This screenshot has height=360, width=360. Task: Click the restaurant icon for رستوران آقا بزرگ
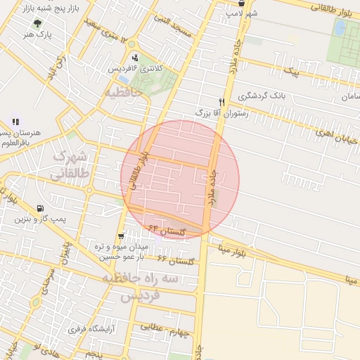[x=221, y=102]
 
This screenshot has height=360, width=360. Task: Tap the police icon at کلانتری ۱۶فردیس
[x=134, y=58]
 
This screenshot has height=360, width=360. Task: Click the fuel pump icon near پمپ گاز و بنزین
[x=39, y=208]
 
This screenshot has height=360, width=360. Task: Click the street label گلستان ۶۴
[x=167, y=229]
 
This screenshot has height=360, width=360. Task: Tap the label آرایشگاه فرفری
[x=86, y=328]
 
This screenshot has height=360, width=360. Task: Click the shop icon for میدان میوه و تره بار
[x=122, y=236]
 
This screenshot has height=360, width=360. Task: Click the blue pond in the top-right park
[x=340, y=27]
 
